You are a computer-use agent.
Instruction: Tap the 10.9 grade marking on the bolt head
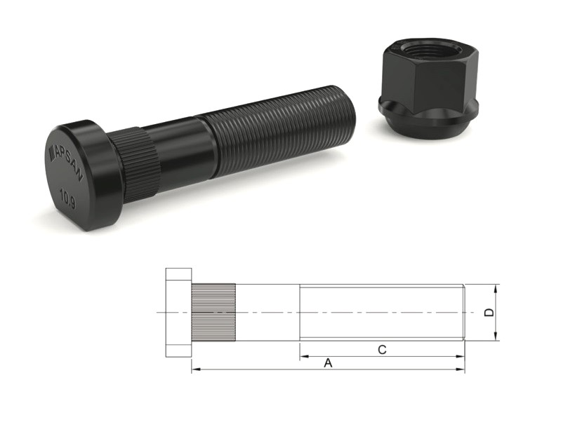pyautogui.click(x=68, y=198)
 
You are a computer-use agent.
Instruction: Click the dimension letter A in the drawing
pyautogui.click(x=328, y=363)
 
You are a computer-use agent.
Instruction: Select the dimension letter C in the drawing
pyautogui.click(x=382, y=350)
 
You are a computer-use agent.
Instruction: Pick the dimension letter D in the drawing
pyautogui.click(x=489, y=313)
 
